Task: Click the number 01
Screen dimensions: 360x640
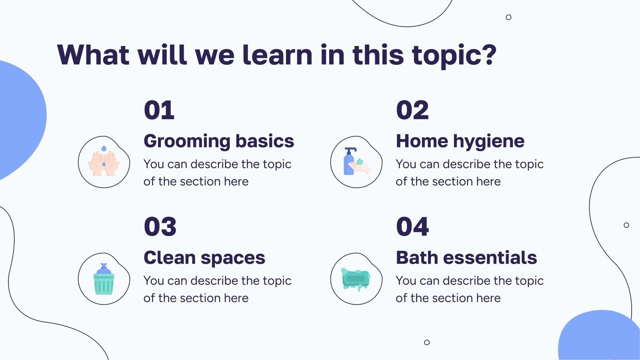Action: pos(159,111)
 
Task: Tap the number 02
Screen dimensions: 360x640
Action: pos(412,111)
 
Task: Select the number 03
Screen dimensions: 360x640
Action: pos(160,227)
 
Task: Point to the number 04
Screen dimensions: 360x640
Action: pos(412,227)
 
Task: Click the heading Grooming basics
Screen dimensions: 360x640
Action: pos(218,141)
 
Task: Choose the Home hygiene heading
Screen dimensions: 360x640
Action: pos(460,141)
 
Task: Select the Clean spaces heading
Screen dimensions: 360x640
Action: pos(204,258)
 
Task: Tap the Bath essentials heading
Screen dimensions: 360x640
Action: pos(466,258)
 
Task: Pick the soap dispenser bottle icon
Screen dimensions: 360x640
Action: pos(349,162)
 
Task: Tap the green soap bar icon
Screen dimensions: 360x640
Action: pos(356,279)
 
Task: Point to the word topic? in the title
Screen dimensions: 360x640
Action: pos(454,56)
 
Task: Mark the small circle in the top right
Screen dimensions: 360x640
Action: pos(508,17)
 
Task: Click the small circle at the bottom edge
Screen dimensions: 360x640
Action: pos(427,342)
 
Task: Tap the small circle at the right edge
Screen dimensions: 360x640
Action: pos(626,225)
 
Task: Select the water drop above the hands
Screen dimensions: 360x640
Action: pos(104,149)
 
